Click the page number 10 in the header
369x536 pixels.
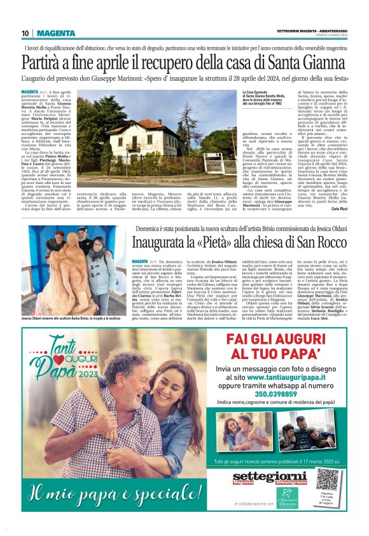click(x=25, y=33)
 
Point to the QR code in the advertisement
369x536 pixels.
click(x=327, y=479)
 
